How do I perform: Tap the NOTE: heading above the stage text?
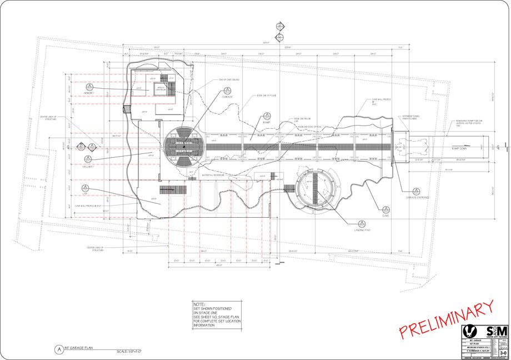[199, 304]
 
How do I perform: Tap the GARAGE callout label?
[227, 97]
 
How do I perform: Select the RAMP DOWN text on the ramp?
[459, 149]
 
